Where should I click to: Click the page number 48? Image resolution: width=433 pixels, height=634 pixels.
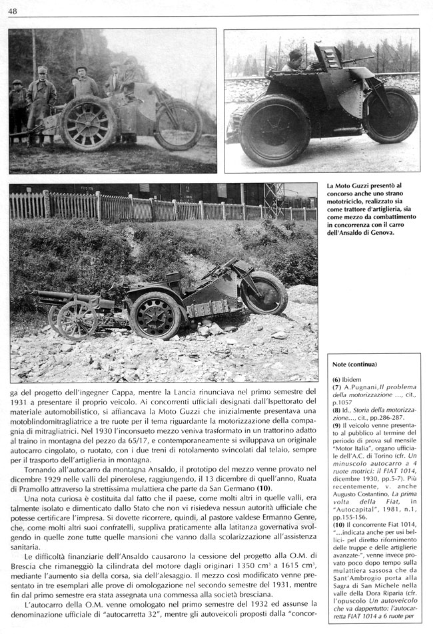click(x=13, y=11)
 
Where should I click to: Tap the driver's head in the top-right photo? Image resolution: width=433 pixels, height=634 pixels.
click(x=295, y=58)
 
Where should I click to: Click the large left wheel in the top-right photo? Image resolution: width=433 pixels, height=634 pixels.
click(x=275, y=130)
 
